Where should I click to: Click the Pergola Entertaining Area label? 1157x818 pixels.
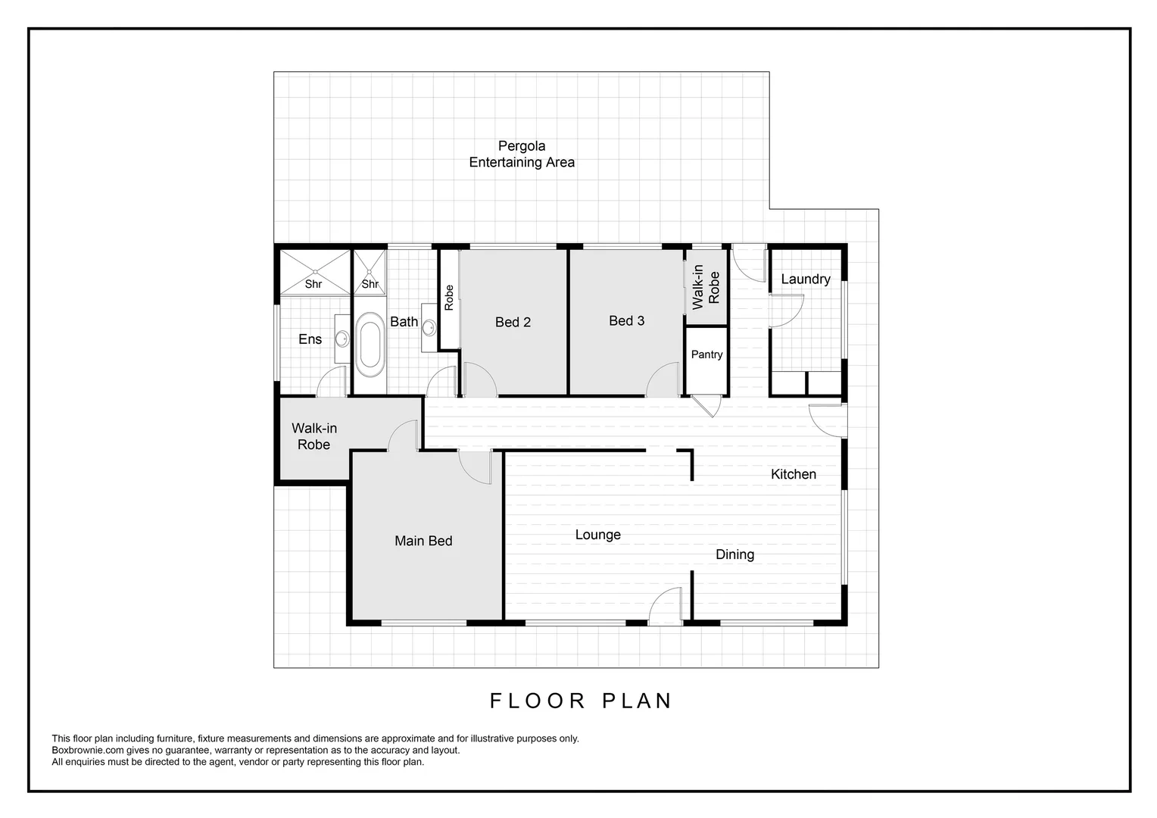522,154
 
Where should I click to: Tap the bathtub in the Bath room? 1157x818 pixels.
369,345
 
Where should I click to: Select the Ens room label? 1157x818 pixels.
310,339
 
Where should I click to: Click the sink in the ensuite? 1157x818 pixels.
341,338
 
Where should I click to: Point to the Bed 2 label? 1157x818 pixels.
513,322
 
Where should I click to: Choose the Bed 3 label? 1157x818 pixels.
626,320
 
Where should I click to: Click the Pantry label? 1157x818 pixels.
706,354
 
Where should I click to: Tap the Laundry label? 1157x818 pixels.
805,279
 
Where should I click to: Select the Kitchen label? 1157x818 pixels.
793,474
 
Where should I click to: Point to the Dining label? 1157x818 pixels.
734,554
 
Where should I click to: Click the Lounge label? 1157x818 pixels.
597,535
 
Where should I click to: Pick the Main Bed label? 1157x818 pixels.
423,541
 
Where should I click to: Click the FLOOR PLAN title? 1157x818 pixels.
581,701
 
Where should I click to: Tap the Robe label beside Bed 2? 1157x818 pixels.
449,298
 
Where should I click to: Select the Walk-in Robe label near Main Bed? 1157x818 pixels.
314,436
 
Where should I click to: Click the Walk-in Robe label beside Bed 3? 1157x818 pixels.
706,284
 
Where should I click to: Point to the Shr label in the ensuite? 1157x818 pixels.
313,284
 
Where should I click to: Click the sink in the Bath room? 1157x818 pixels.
429,328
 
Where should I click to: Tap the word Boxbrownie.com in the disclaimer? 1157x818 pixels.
83,751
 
